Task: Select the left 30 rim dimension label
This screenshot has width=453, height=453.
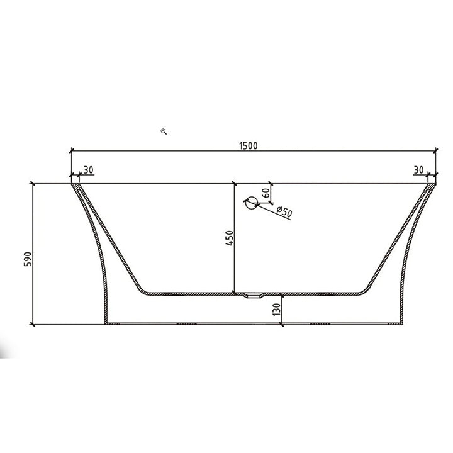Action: click(88, 170)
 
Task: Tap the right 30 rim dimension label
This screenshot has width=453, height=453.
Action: click(419, 170)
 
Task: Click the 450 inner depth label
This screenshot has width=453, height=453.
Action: click(229, 240)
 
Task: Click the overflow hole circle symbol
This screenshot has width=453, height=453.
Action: click(250, 203)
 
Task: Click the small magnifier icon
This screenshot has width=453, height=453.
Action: click(164, 131)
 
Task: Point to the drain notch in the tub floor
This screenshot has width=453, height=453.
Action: click(255, 294)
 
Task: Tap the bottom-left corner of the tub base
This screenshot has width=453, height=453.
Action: click(106, 324)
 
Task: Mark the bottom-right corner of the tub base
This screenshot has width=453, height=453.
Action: click(401, 324)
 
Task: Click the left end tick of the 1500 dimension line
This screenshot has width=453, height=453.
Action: click(71, 151)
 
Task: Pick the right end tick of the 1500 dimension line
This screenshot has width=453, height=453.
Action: click(436, 151)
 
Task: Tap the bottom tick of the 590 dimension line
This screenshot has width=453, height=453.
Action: click(32, 325)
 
